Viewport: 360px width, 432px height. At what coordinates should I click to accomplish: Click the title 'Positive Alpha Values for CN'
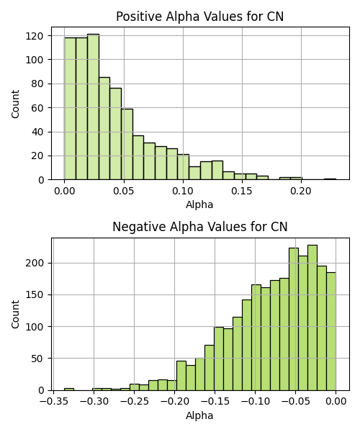[199, 17]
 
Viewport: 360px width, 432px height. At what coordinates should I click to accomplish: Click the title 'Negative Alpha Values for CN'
[200, 227]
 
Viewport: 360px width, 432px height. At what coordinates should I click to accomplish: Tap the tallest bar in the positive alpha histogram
[93, 107]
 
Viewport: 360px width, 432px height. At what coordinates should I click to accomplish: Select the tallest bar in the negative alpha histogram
[312, 318]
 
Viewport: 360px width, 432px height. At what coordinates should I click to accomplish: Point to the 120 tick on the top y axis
[35, 36]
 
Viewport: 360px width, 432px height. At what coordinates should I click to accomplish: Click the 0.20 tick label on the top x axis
[301, 191]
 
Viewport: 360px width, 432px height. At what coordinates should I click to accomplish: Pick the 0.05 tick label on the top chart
[124, 191]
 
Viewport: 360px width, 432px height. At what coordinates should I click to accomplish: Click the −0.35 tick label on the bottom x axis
[53, 402]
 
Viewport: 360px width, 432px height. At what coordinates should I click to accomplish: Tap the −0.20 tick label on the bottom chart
[175, 402]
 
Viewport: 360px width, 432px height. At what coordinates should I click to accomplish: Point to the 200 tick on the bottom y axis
[35, 264]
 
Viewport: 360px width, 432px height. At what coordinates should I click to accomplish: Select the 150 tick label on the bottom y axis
[35, 295]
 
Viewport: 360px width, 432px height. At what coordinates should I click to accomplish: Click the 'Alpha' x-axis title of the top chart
[199, 205]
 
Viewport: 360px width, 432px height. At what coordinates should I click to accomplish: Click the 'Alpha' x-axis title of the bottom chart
[199, 415]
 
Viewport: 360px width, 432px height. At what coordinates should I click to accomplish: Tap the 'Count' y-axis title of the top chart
[15, 104]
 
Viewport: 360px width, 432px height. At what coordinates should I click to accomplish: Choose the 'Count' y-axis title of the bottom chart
[15, 315]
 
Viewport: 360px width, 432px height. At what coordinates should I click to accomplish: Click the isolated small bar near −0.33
[69, 390]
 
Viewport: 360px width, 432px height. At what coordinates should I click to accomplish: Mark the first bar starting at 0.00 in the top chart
[70, 109]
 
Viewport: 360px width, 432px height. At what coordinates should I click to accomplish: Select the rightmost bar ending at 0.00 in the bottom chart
[331, 331]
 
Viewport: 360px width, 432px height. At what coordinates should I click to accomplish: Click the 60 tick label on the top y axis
[37, 108]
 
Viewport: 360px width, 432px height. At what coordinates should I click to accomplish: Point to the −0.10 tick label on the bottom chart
[256, 402]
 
